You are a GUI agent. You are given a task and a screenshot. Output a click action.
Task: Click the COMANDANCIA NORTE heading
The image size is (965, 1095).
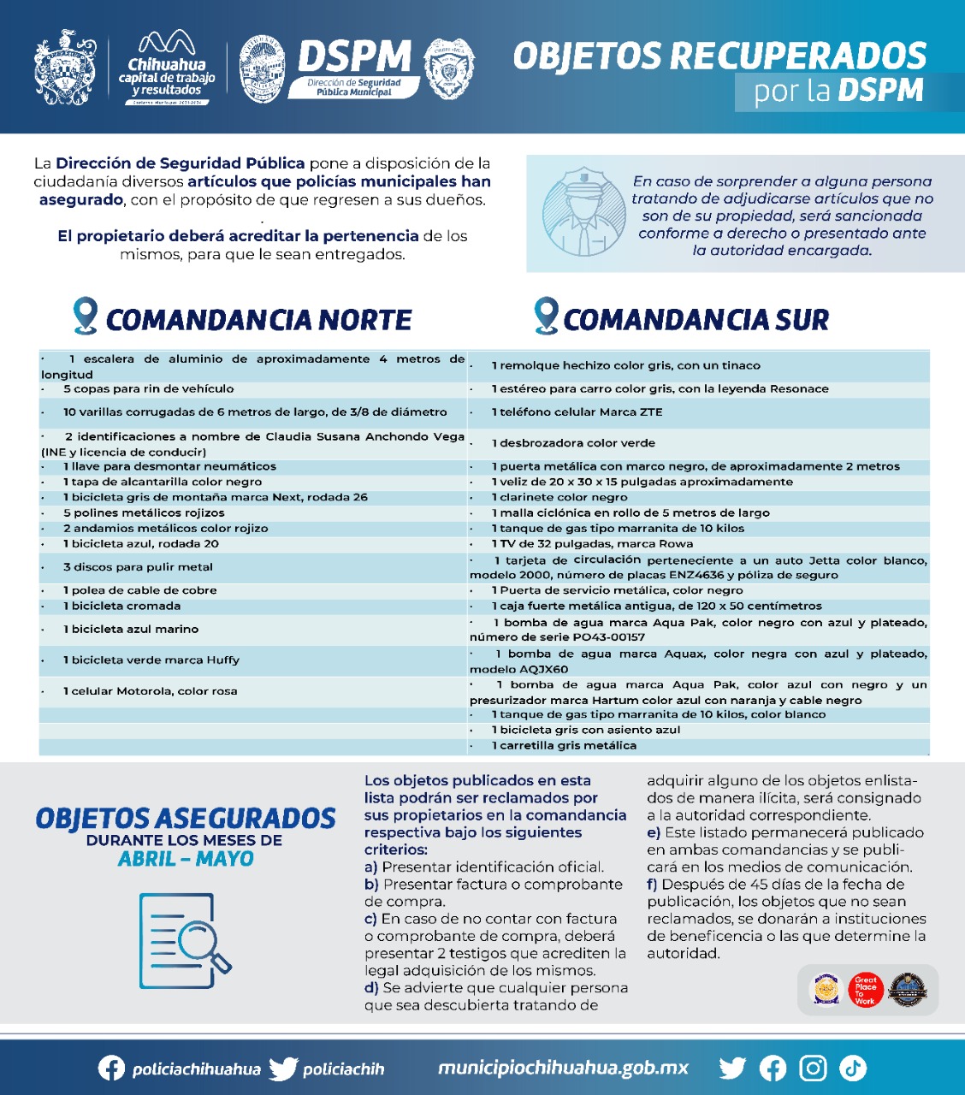[258, 320]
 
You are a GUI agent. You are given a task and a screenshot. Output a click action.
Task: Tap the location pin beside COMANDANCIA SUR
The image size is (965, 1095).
[545, 316]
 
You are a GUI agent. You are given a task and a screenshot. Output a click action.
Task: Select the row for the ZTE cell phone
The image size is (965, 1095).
[577, 412]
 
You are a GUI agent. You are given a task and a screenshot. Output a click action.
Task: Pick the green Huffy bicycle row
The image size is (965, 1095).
[151, 660]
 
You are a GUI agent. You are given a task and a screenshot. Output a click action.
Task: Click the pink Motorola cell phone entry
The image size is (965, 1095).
[150, 691]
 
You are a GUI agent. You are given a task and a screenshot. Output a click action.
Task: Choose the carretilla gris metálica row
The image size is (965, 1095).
[564, 745]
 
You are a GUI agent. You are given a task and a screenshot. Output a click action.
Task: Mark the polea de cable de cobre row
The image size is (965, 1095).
[140, 590]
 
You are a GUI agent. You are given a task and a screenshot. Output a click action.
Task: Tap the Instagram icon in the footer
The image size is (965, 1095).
[813, 1068]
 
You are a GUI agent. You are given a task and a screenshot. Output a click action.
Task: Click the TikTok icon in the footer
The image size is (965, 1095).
[853, 1068]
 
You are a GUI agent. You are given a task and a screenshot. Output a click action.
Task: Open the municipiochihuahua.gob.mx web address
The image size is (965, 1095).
[563, 1068]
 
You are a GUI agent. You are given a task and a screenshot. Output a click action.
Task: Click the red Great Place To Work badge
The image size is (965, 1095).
[865, 991]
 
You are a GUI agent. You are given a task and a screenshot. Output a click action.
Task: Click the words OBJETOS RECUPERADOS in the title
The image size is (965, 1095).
[719, 56]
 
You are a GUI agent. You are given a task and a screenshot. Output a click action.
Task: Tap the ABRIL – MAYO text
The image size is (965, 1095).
[186, 859]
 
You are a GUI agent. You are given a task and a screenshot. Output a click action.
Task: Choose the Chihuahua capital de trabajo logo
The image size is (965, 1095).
[167, 70]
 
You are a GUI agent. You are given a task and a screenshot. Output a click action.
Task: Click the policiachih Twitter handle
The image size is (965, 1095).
[343, 1069]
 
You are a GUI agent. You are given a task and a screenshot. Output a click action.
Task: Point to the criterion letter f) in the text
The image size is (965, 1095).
[654, 885]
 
